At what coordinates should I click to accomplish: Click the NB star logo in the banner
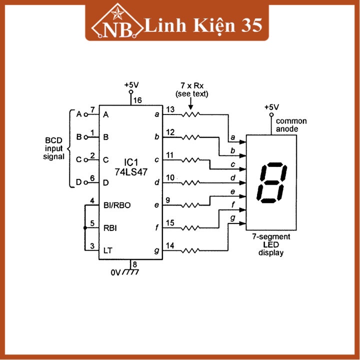pos(118,24)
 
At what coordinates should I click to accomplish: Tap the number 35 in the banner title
pos(250,25)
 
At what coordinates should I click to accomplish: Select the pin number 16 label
pos(137,100)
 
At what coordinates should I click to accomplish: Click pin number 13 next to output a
pos(170,109)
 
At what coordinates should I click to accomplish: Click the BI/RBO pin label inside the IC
pos(117,205)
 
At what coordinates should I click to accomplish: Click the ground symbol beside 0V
pos(131,272)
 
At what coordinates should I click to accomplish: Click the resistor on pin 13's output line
pos(190,115)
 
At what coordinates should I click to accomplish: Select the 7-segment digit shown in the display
pos(271,182)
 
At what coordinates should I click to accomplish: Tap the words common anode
pos(291,124)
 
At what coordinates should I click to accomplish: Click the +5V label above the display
pos(271,107)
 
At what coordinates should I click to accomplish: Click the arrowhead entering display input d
pos(243,183)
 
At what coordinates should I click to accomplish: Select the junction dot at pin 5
pos(85,228)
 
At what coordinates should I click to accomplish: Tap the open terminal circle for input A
pos(85,114)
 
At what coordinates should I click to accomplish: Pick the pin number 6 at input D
pos(92,178)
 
